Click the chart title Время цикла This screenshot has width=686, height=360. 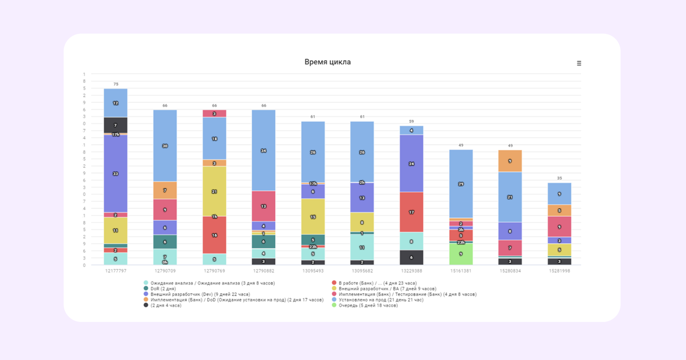click(328, 62)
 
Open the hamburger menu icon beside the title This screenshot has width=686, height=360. click(579, 63)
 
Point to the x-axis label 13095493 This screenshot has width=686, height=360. click(313, 271)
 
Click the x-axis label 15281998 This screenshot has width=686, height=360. click(559, 271)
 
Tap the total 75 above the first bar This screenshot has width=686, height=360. click(116, 84)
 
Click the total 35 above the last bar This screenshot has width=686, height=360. click(559, 178)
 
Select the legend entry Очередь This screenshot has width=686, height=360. click(368, 305)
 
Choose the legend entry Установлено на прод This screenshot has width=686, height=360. click(381, 299)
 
